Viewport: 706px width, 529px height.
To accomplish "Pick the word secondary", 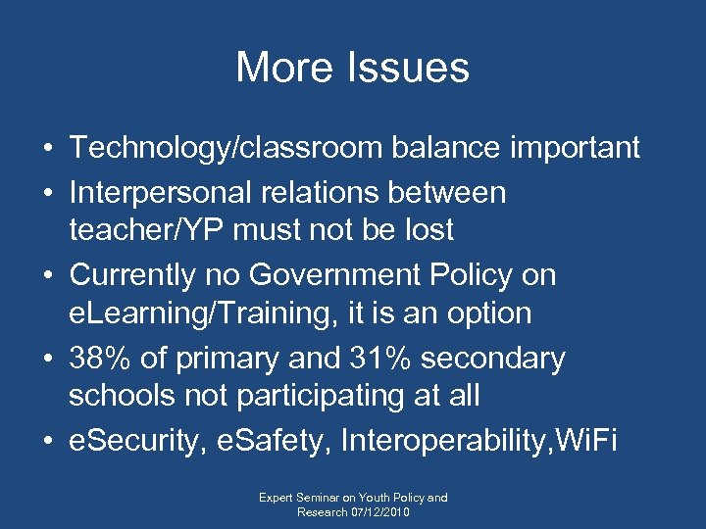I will (498, 360).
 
